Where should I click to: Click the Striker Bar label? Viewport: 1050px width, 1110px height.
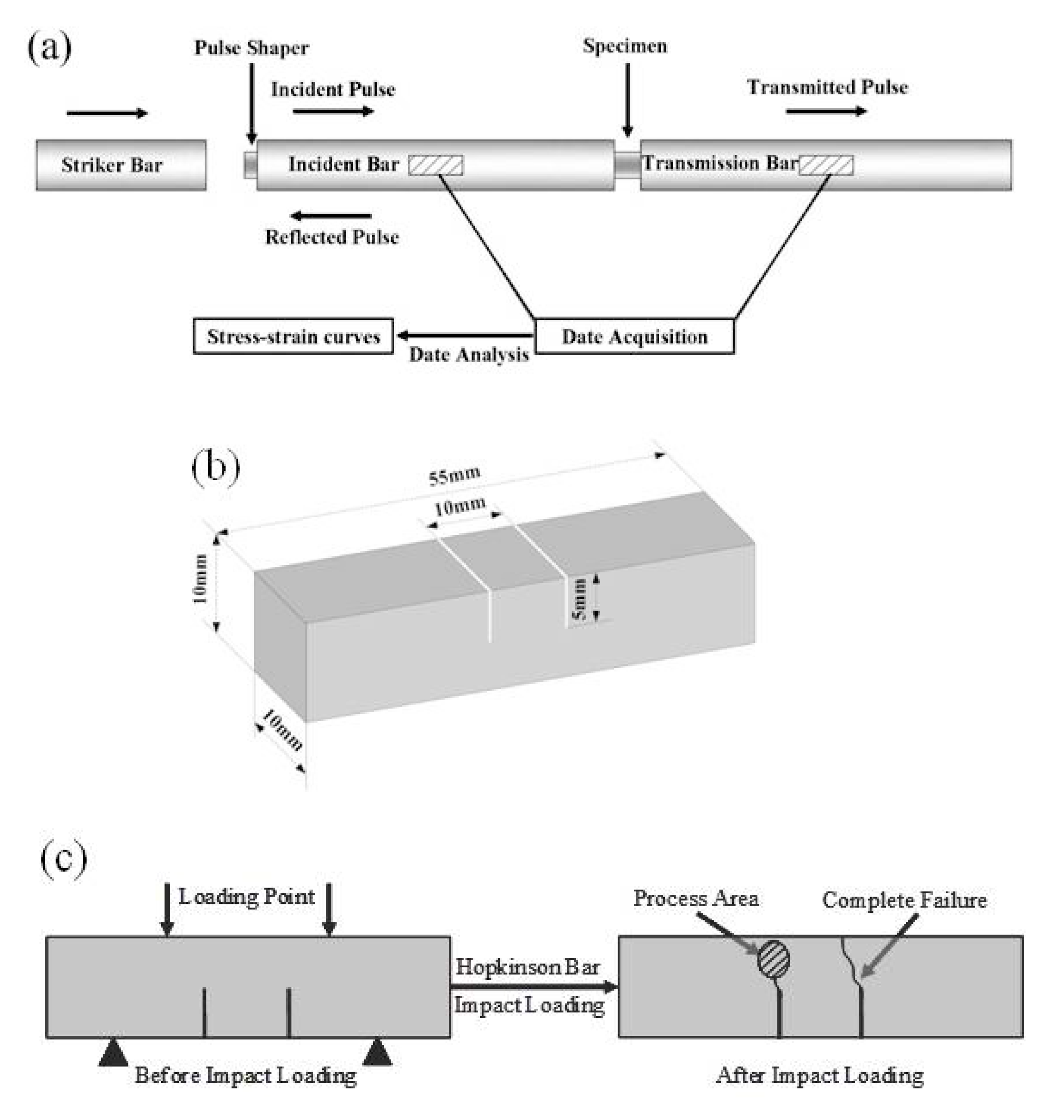tap(112, 165)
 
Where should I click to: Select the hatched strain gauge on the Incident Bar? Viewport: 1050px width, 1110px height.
tap(436, 165)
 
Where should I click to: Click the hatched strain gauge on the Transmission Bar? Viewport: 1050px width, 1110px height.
tap(826, 165)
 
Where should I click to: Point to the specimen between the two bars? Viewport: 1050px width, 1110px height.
tap(627, 165)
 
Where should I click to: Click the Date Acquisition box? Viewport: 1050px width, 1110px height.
tap(634, 337)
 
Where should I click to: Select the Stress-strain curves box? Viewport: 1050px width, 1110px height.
tap(293, 337)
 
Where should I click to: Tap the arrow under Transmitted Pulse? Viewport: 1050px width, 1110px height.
tap(826, 112)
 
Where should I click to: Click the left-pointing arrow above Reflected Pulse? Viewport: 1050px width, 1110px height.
tap(331, 216)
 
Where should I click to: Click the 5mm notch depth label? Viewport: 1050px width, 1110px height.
tap(580, 599)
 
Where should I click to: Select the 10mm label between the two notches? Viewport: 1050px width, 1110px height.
tap(460, 507)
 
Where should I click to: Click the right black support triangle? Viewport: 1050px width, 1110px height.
tap(377, 1052)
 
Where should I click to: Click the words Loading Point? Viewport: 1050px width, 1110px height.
tap(247, 897)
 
